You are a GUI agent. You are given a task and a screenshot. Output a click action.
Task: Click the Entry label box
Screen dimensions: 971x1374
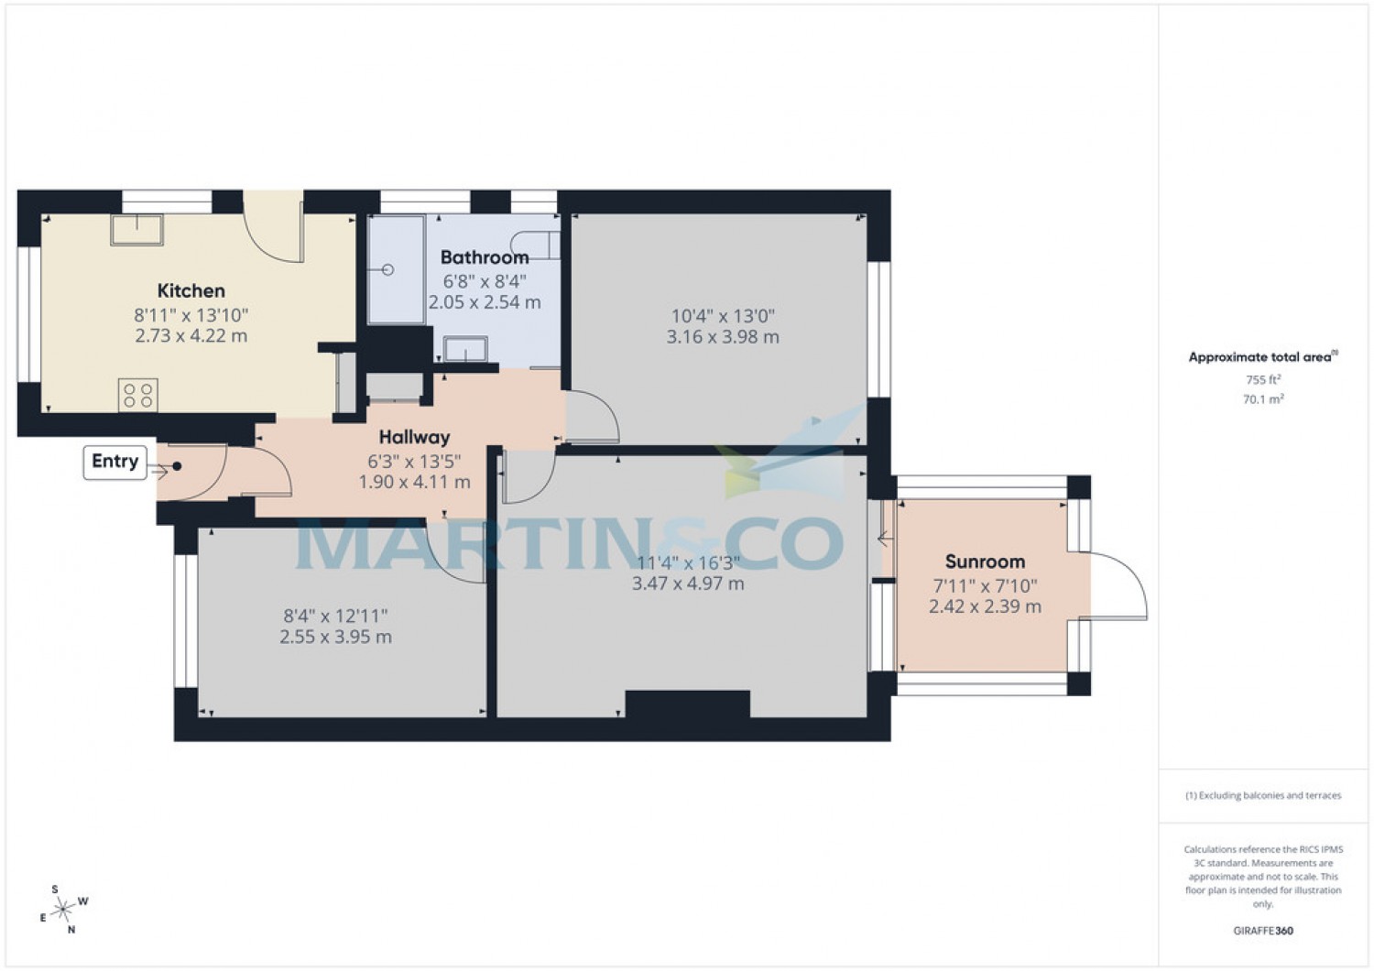(x=114, y=462)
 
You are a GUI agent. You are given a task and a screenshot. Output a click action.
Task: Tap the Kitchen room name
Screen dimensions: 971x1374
(x=191, y=291)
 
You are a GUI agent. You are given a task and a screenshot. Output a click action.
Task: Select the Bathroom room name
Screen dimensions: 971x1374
(x=485, y=257)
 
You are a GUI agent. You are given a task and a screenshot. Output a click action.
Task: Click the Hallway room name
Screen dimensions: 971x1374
(x=414, y=438)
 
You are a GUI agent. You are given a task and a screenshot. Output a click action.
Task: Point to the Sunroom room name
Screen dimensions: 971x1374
(x=985, y=562)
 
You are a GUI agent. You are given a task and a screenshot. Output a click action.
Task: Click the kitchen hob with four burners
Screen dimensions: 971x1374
(x=137, y=396)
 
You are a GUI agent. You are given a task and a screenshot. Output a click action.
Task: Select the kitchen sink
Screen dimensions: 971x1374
(x=136, y=230)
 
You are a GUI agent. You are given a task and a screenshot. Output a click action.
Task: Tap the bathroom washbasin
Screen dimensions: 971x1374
(x=465, y=349)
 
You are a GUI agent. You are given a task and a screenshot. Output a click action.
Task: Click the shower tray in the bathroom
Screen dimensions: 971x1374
(x=396, y=269)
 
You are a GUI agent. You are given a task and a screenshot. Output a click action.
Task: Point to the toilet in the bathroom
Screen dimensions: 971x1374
(x=544, y=245)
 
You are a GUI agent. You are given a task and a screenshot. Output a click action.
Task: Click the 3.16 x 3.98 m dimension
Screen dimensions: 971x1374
(x=723, y=337)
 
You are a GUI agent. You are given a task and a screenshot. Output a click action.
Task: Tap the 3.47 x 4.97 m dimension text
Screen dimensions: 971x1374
(x=688, y=584)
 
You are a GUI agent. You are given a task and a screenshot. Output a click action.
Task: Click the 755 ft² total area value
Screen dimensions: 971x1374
(x=1262, y=380)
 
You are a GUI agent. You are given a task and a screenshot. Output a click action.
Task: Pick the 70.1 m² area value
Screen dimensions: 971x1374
(x=1262, y=399)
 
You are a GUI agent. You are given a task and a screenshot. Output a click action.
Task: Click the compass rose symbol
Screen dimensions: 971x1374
(x=62, y=909)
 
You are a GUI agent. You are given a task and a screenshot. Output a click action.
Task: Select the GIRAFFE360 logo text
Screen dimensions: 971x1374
(x=1262, y=931)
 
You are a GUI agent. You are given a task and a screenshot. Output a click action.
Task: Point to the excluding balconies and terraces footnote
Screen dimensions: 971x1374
(x=1262, y=795)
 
